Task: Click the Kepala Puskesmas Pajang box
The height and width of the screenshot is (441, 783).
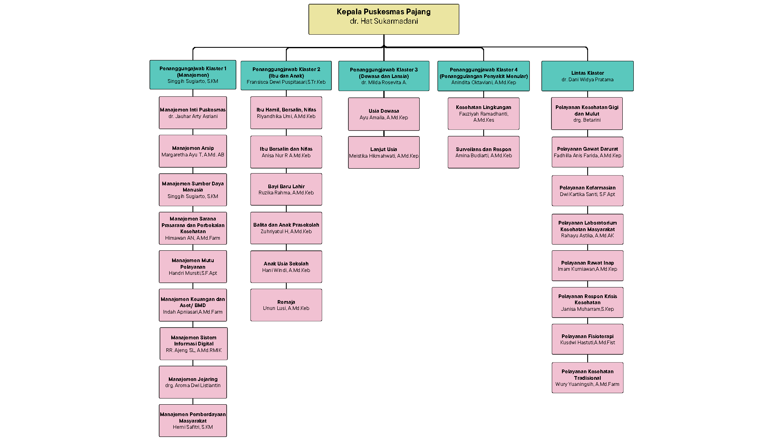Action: click(383, 19)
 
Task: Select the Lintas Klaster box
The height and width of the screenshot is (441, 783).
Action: click(587, 76)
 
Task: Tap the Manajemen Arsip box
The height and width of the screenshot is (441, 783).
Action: click(192, 151)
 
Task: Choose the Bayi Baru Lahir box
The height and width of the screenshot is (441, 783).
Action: click(286, 189)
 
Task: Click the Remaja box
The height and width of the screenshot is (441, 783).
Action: click(286, 305)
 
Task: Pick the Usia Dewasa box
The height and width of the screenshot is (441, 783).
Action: click(383, 114)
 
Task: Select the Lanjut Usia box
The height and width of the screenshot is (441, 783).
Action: click(383, 152)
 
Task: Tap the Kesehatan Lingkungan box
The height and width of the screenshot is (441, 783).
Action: click(483, 114)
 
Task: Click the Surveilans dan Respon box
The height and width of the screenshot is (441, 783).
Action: click(483, 152)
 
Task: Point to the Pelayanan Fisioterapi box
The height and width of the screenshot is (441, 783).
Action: click(587, 339)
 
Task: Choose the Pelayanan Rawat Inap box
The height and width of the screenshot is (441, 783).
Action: click(587, 266)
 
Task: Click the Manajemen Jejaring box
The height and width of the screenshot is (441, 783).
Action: click(192, 382)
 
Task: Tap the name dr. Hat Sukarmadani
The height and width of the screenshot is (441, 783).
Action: click(383, 21)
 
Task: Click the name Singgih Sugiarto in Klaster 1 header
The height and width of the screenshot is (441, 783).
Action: click(192, 81)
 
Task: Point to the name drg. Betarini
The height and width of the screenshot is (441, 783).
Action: click(587, 120)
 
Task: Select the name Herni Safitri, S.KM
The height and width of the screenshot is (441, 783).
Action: click(192, 427)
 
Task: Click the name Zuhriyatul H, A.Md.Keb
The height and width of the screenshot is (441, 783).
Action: click(286, 232)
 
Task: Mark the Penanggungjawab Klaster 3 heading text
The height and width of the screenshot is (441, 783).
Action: click(383, 70)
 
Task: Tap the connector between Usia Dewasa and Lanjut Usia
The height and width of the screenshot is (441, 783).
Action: click(384, 134)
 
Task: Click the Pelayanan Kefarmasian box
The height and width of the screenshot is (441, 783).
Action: click(587, 191)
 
